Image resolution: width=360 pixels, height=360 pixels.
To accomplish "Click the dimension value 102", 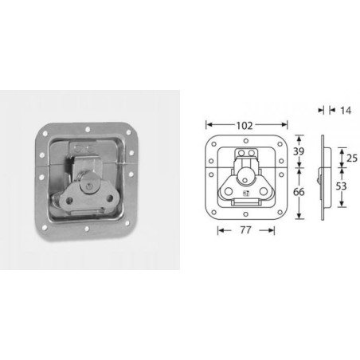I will point(245,125).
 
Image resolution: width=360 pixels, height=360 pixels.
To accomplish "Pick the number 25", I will point(351,157).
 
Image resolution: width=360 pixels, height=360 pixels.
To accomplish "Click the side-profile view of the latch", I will point(322,178).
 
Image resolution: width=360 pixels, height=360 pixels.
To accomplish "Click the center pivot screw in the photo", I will point(94,185).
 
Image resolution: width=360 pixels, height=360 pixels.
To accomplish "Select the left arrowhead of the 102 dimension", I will point(208,125).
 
